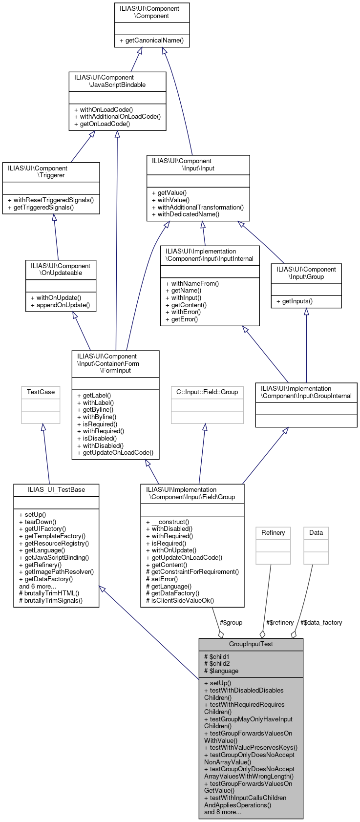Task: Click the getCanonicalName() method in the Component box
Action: point(151,40)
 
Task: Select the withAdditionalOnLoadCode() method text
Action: point(117,117)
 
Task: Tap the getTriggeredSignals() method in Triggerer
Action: point(47,207)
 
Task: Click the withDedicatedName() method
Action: point(185,214)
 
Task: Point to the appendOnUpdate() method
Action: point(60,305)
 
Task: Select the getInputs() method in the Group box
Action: point(294,301)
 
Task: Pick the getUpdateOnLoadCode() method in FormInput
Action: point(115,452)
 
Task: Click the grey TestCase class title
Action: point(41,392)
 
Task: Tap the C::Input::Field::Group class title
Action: point(207,392)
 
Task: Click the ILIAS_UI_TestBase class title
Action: point(56,489)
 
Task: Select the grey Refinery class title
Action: point(273,532)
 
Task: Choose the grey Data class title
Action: point(316,532)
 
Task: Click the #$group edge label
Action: point(231,622)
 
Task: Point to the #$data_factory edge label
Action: point(321,622)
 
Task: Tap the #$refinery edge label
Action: point(280,622)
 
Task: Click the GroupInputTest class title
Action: point(251,644)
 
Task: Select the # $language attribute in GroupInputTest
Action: point(221,671)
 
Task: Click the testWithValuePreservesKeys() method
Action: point(251,747)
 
